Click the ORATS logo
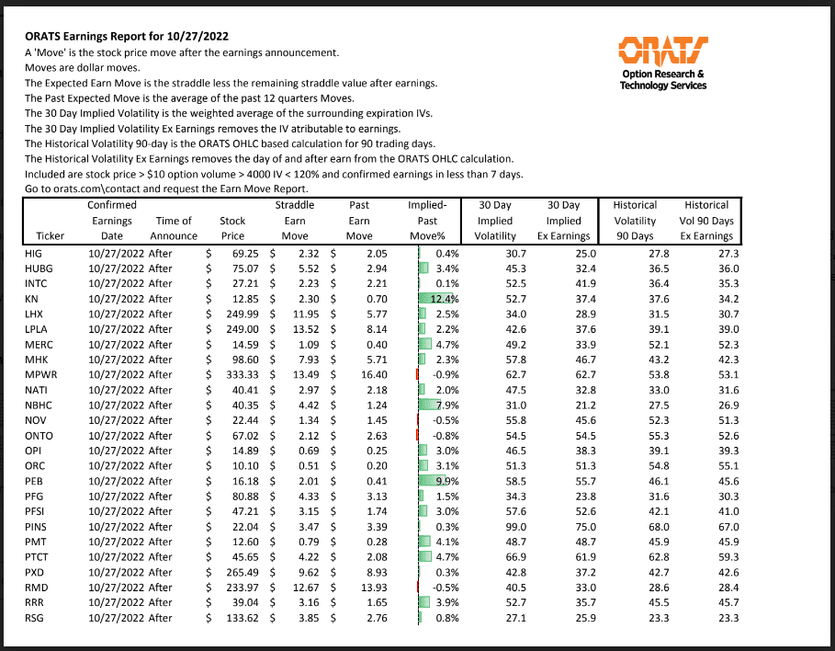click(663, 50)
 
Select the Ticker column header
click(50, 236)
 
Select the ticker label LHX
click(33, 314)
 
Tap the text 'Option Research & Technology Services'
click(663, 80)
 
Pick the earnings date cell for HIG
click(116, 253)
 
